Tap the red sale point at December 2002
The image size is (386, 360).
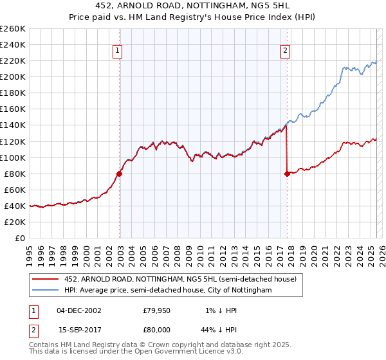120,173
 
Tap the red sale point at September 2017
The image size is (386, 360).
287,173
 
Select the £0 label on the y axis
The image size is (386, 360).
19,238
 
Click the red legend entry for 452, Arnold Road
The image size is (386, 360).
180,279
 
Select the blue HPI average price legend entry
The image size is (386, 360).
168,291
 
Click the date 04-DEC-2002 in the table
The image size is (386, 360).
79,310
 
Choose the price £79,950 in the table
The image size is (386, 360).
156,310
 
